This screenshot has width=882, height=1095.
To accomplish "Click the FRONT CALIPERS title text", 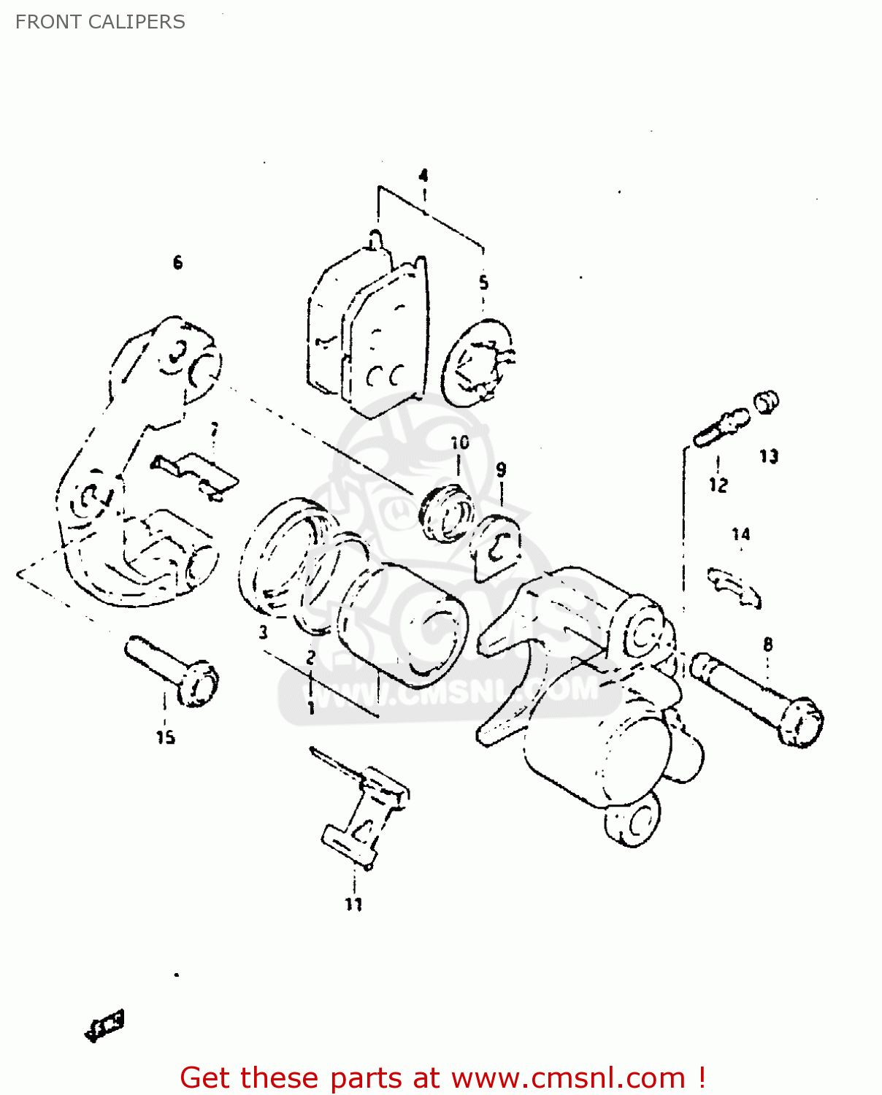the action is (x=100, y=22).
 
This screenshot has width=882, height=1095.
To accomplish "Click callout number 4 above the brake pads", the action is (x=423, y=175).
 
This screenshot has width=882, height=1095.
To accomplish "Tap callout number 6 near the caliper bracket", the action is (x=177, y=262).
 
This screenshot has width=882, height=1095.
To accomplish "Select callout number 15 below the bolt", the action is (x=166, y=737).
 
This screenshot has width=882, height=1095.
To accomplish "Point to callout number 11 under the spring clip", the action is (x=353, y=904).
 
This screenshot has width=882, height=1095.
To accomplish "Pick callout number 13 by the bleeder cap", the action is (x=769, y=456).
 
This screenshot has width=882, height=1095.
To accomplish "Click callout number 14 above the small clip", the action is (x=741, y=534).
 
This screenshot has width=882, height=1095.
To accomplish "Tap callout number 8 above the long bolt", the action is (x=767, y=644).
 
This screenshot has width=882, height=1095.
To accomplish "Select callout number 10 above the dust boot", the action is (x=459, y=442).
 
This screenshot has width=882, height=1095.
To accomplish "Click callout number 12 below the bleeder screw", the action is (x=718, y=485).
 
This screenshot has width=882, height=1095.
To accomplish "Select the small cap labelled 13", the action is (x=766, y=401).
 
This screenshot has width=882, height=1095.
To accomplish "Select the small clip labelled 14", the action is (x=735, y=587).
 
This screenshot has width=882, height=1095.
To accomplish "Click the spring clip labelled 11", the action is (x=365, y=810).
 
